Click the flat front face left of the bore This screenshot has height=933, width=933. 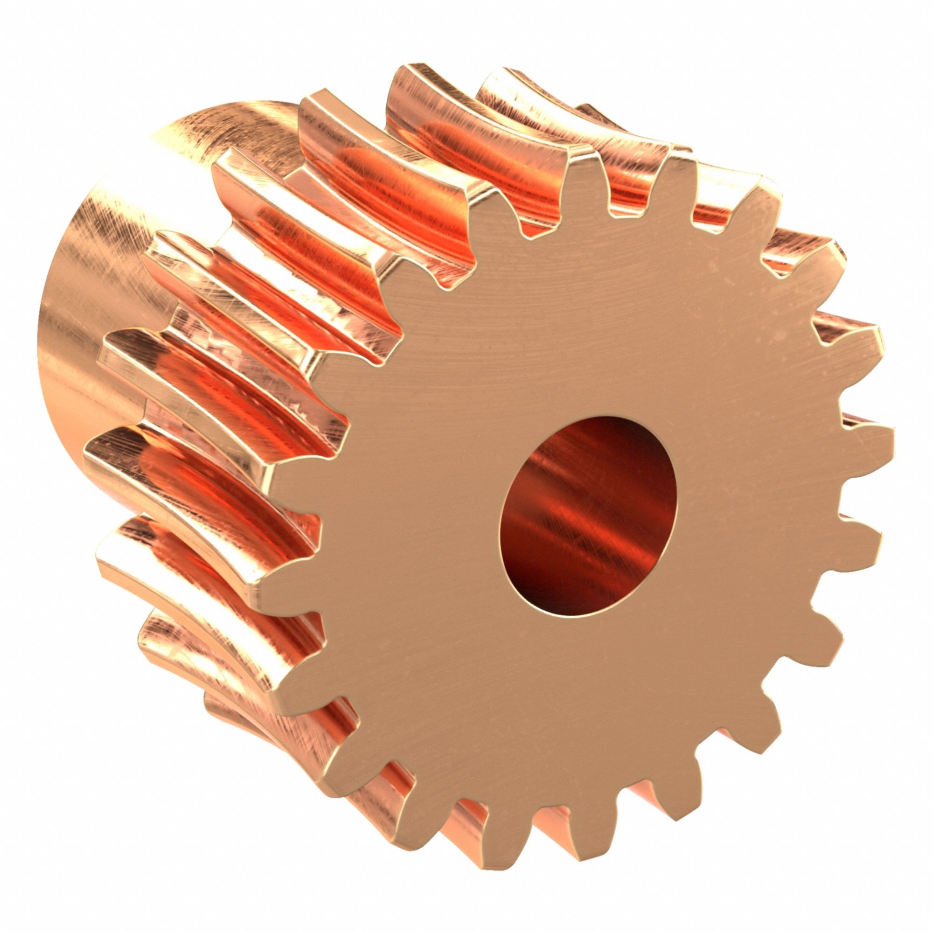(x=411, y=507)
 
